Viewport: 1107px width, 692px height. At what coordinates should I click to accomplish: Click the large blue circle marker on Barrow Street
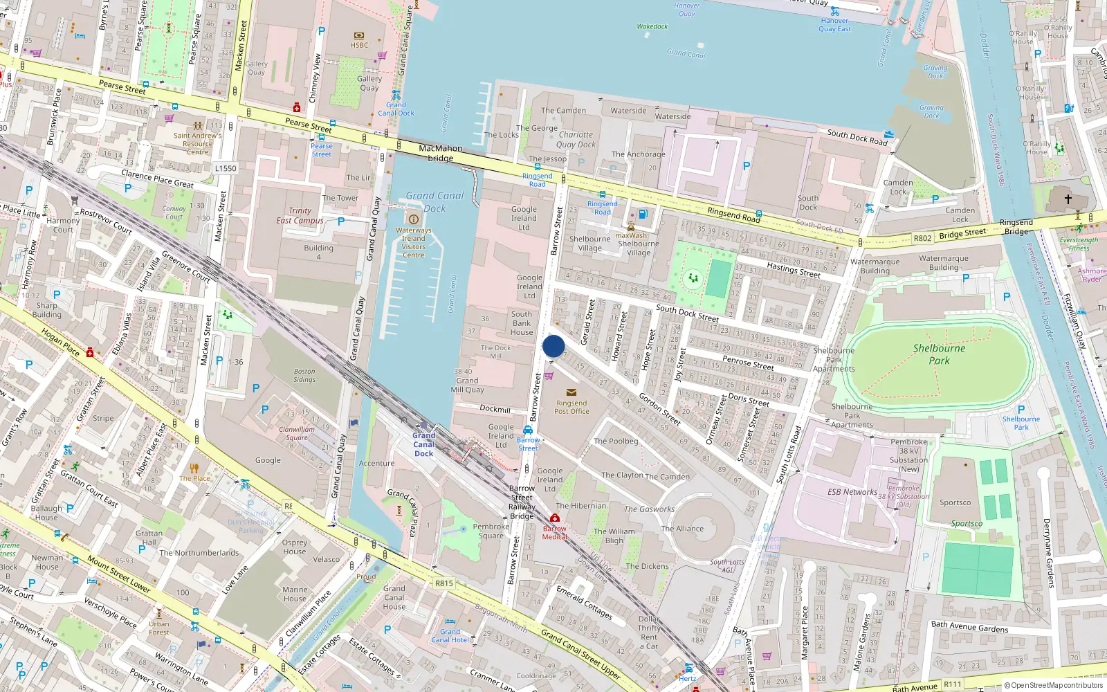pos(553,346)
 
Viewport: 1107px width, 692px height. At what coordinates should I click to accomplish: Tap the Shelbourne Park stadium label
pos(939,354)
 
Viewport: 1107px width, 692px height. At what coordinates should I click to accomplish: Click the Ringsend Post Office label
pos(571,407)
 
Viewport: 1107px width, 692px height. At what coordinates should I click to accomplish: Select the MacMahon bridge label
pos(440,153)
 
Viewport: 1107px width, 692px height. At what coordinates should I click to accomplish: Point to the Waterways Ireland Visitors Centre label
pos(414,242)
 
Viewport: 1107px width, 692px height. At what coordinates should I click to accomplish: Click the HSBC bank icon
pos(359,36)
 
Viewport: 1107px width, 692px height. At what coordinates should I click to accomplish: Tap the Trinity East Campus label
pos(300,215)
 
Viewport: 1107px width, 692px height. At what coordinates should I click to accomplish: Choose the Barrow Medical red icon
pos(554,518)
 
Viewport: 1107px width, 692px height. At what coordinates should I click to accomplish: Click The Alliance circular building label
pos(682,529)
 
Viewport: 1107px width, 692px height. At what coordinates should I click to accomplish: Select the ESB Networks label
pos(852,492)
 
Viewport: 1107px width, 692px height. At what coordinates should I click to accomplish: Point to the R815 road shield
pos(444,583)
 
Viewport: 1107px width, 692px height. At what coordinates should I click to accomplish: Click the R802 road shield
pos(922,238)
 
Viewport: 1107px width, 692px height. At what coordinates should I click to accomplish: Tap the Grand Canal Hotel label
pos(450,635)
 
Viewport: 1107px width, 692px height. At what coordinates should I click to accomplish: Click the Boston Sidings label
pos(304,375)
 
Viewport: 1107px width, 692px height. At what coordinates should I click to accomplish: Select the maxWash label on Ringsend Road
pos(631,235)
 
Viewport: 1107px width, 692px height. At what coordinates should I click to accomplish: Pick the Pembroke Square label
pos(491,531)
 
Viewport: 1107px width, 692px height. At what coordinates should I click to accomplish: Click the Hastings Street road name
pos(793,270)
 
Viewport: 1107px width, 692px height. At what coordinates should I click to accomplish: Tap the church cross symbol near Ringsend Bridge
pos(1068,199)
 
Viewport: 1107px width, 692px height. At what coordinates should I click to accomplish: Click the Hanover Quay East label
pos(834,25)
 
